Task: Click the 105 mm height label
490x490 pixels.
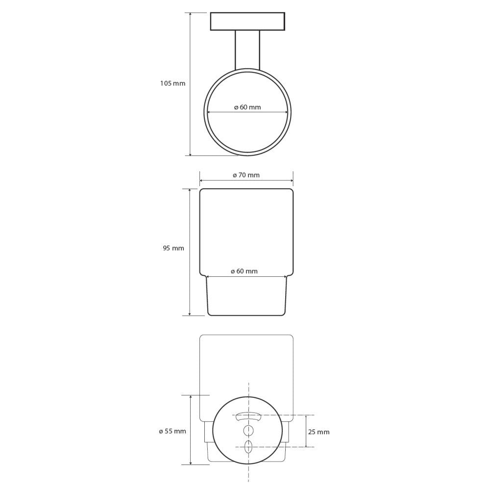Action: click(x=172, y=83)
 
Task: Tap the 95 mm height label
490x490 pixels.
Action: click(x=173, y=248)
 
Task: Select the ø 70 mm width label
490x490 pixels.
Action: click(x=246, y=175)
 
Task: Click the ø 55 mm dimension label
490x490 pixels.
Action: click(x=172, y=431)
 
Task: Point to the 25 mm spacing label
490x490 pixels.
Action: click(x=319, y=432)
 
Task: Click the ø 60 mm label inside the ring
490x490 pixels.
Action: click(x=247, y=107)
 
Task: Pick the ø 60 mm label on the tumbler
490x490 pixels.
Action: click(x=245, y=271)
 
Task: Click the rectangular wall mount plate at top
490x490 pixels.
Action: click(x=247, y=22)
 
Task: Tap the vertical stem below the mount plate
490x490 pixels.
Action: click(x=247, y=50)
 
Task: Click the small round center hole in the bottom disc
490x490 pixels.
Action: click(x=248, y=430)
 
